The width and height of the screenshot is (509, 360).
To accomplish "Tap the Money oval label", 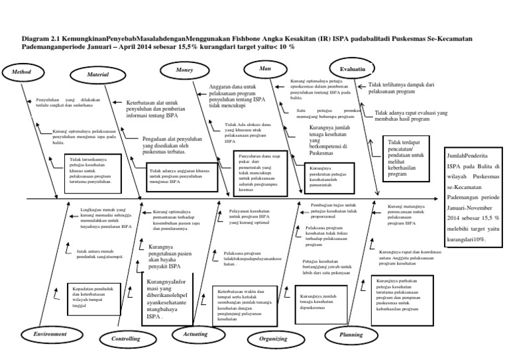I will tap(184, 70).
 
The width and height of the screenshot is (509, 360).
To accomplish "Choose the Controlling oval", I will tap(125, 339).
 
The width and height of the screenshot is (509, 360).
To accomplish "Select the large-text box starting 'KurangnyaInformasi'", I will tap(168, 298).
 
